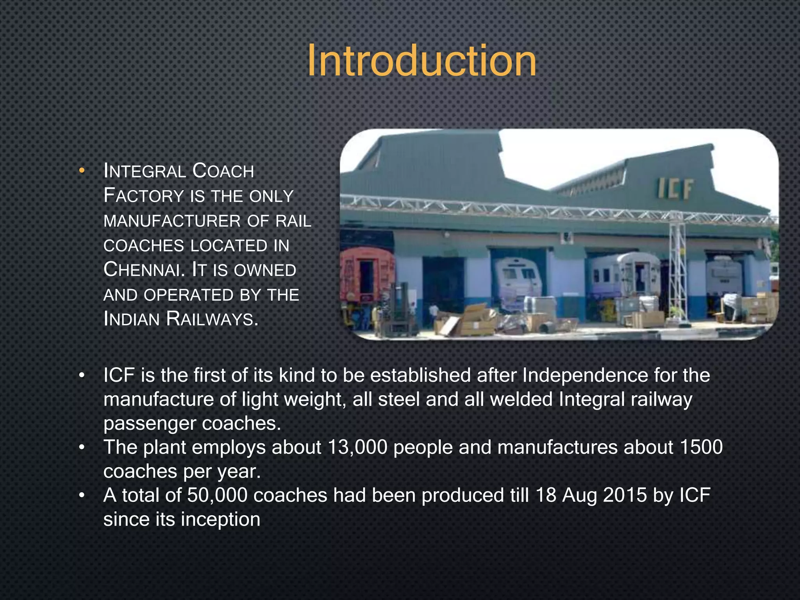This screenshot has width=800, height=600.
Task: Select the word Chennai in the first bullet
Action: [x=143, y=270]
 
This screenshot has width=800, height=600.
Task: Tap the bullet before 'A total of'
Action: [x=81, y=495]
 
